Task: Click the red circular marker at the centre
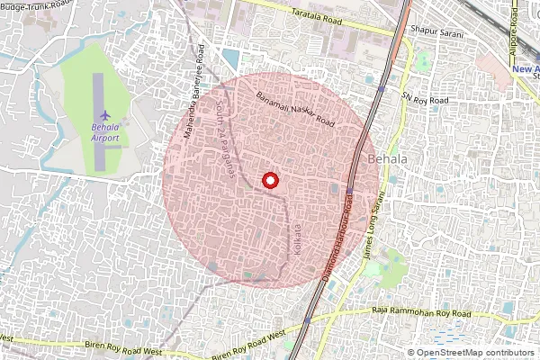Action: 269,180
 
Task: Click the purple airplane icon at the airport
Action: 106,116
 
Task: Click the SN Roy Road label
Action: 425,99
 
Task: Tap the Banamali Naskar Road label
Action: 295,109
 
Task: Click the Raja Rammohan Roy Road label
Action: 421,311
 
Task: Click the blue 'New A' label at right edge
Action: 524,68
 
